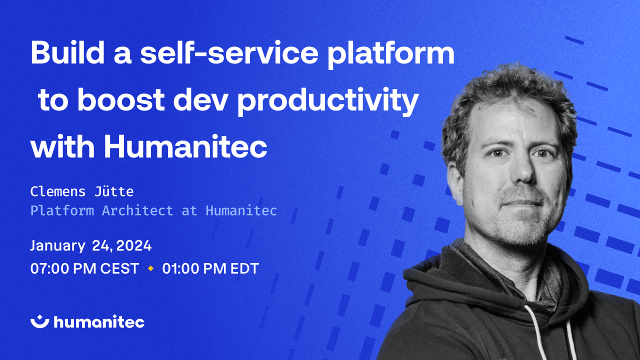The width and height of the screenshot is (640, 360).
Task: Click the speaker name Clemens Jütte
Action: point(82,191)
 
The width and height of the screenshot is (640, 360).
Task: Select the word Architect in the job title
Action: point(137,210)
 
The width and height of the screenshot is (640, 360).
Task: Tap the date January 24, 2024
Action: point(90,246)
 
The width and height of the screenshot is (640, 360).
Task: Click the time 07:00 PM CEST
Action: point(84,269)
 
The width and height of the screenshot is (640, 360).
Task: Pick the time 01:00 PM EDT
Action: point(210,269)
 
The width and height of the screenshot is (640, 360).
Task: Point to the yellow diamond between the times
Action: point(150,269)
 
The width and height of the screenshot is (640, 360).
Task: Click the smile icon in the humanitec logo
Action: point(39,321)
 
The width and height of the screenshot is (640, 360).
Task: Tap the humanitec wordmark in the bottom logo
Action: point(99,322)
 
